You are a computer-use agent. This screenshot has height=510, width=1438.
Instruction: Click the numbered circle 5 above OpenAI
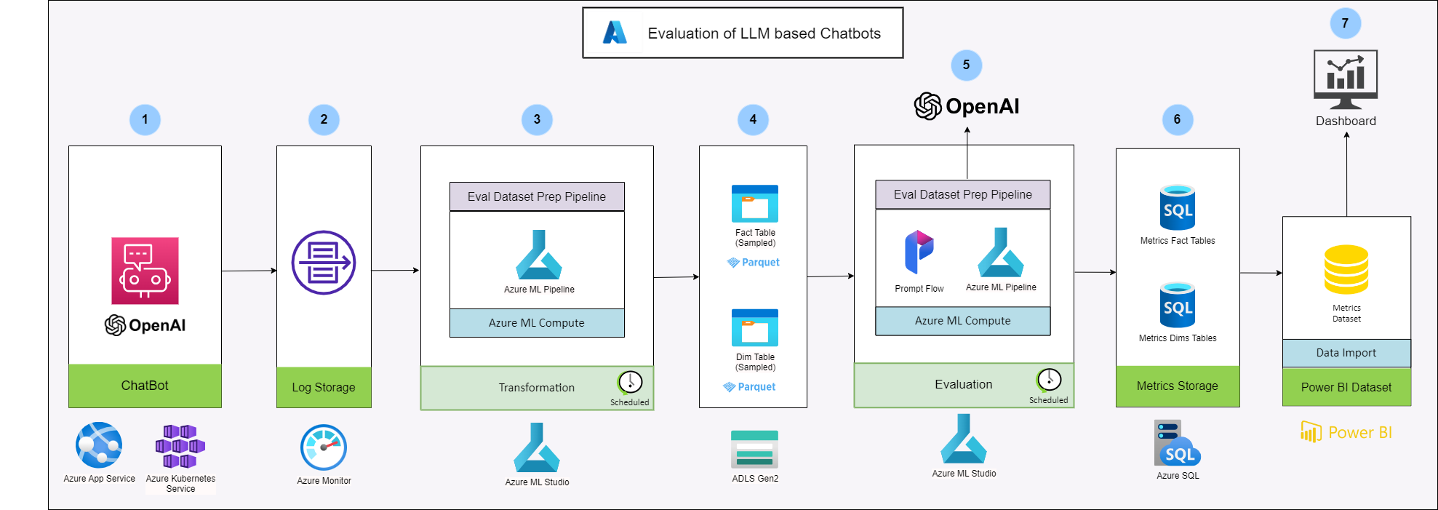[966, 65]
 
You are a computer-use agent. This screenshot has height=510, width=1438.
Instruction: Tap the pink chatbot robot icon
[145, 271]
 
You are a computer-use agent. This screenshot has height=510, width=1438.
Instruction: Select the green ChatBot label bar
[145, 386]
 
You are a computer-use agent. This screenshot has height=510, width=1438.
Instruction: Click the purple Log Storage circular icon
[324, 263]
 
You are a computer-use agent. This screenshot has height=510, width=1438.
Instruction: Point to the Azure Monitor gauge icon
[324, 447]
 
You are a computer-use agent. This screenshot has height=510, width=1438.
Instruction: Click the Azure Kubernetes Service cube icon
[180, 446]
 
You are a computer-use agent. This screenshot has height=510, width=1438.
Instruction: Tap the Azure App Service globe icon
[99, 445]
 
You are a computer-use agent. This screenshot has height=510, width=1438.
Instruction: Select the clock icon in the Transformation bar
[630, 382]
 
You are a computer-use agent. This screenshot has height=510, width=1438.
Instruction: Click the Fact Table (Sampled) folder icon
[755, 204]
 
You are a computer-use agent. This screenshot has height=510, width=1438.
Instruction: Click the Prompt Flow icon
[919, 252]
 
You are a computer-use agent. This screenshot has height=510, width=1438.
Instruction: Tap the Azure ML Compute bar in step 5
[962, 321]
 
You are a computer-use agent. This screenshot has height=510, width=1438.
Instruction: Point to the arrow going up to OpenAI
[967, 153]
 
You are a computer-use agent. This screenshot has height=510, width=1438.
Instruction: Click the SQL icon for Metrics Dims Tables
[1178, 305]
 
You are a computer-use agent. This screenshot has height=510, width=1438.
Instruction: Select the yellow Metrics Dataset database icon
[1346, 270]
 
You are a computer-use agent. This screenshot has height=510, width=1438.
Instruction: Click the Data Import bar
[1346, 353]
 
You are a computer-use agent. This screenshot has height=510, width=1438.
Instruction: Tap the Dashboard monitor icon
[1346, 79]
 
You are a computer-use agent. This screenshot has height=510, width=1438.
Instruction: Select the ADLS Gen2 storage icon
[755, 449]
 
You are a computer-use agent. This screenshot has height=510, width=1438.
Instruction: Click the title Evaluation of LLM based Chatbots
[764, 33]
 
